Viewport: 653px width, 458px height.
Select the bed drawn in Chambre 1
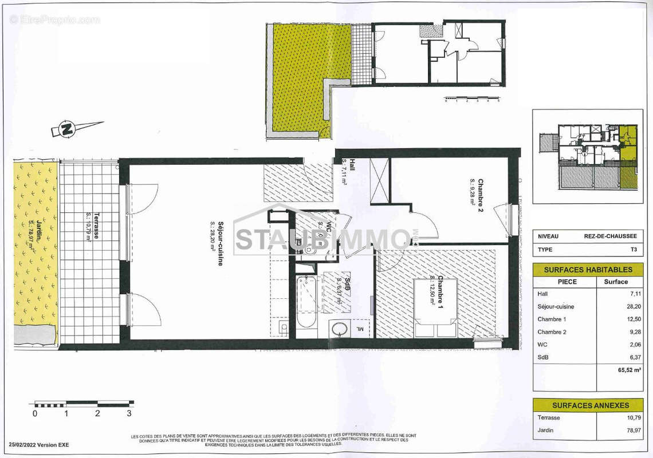435,309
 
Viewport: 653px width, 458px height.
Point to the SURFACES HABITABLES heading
588,270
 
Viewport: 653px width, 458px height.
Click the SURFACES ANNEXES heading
588,405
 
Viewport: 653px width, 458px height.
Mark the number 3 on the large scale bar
129,413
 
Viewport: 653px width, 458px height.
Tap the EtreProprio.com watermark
54,20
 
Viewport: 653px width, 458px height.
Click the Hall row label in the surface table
542,293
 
